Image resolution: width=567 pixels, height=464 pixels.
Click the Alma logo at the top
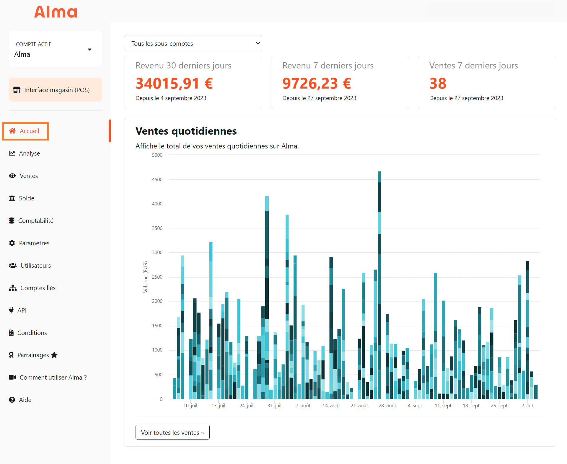[56, 12]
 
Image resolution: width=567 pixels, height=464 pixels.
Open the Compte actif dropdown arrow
[89, 50]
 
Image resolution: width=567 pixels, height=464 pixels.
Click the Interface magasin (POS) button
[55, 90]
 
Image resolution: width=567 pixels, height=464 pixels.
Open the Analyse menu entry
[29, 153]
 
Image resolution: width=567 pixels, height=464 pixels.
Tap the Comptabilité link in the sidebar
[35, 221]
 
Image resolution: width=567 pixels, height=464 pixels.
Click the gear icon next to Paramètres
[12, 243]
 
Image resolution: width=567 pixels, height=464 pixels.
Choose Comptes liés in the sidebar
[38, 288]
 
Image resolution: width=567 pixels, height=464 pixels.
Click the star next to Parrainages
[54, 355]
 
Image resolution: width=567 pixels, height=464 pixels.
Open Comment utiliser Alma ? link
[53, 378]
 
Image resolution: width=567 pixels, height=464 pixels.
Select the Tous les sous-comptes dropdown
[193, 43]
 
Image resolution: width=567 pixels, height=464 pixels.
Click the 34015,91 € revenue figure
[174, 83]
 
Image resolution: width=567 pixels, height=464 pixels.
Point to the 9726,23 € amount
[316, 83]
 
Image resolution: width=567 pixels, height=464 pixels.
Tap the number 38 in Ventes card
[438, 83]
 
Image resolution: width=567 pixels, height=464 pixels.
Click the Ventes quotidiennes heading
[186, 131]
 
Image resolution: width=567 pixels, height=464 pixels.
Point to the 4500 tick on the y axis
[157, 179]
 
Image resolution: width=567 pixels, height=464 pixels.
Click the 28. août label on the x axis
[387, 406]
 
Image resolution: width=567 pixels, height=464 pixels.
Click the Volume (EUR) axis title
[145, 277]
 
